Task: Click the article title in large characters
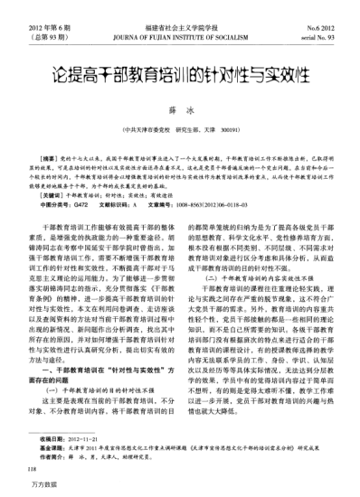[x=180, y=68]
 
